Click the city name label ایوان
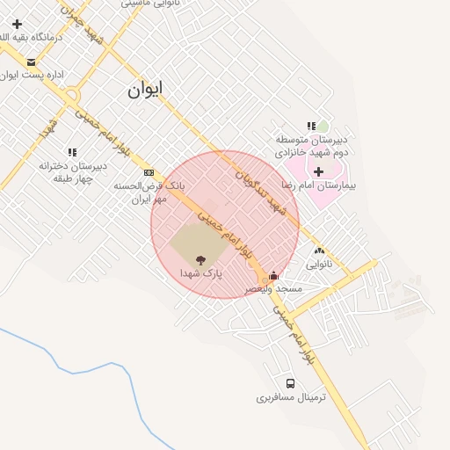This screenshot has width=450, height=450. click(145, 90)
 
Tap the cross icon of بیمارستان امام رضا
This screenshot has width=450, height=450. click(318, 171)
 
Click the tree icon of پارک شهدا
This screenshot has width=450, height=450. click(200, 260)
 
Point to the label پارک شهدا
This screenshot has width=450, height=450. click(200, 274)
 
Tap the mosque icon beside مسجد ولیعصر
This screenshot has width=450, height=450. click(273, 275)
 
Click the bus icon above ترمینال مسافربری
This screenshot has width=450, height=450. click(291, 383)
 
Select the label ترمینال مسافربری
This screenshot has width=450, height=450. click(291, 397)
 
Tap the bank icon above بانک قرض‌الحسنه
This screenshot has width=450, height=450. click(149, 172)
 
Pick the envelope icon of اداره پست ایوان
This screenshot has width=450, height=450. click(32, 62)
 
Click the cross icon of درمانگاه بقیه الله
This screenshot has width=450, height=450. click(17, 23)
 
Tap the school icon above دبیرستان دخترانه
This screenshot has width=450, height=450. click(72, 152)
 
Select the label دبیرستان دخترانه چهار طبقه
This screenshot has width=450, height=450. click(72, 171)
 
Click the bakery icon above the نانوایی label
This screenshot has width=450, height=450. click(318, 250)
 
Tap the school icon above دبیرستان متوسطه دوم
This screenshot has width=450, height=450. click(311, 127)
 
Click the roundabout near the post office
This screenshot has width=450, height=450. click(72, 95)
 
